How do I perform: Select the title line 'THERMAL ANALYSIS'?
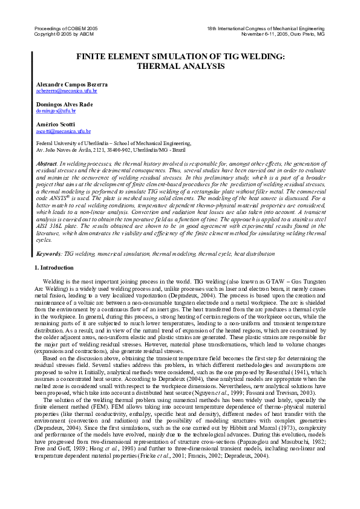point(180,66)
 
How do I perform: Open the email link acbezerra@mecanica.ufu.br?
point(67,91)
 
